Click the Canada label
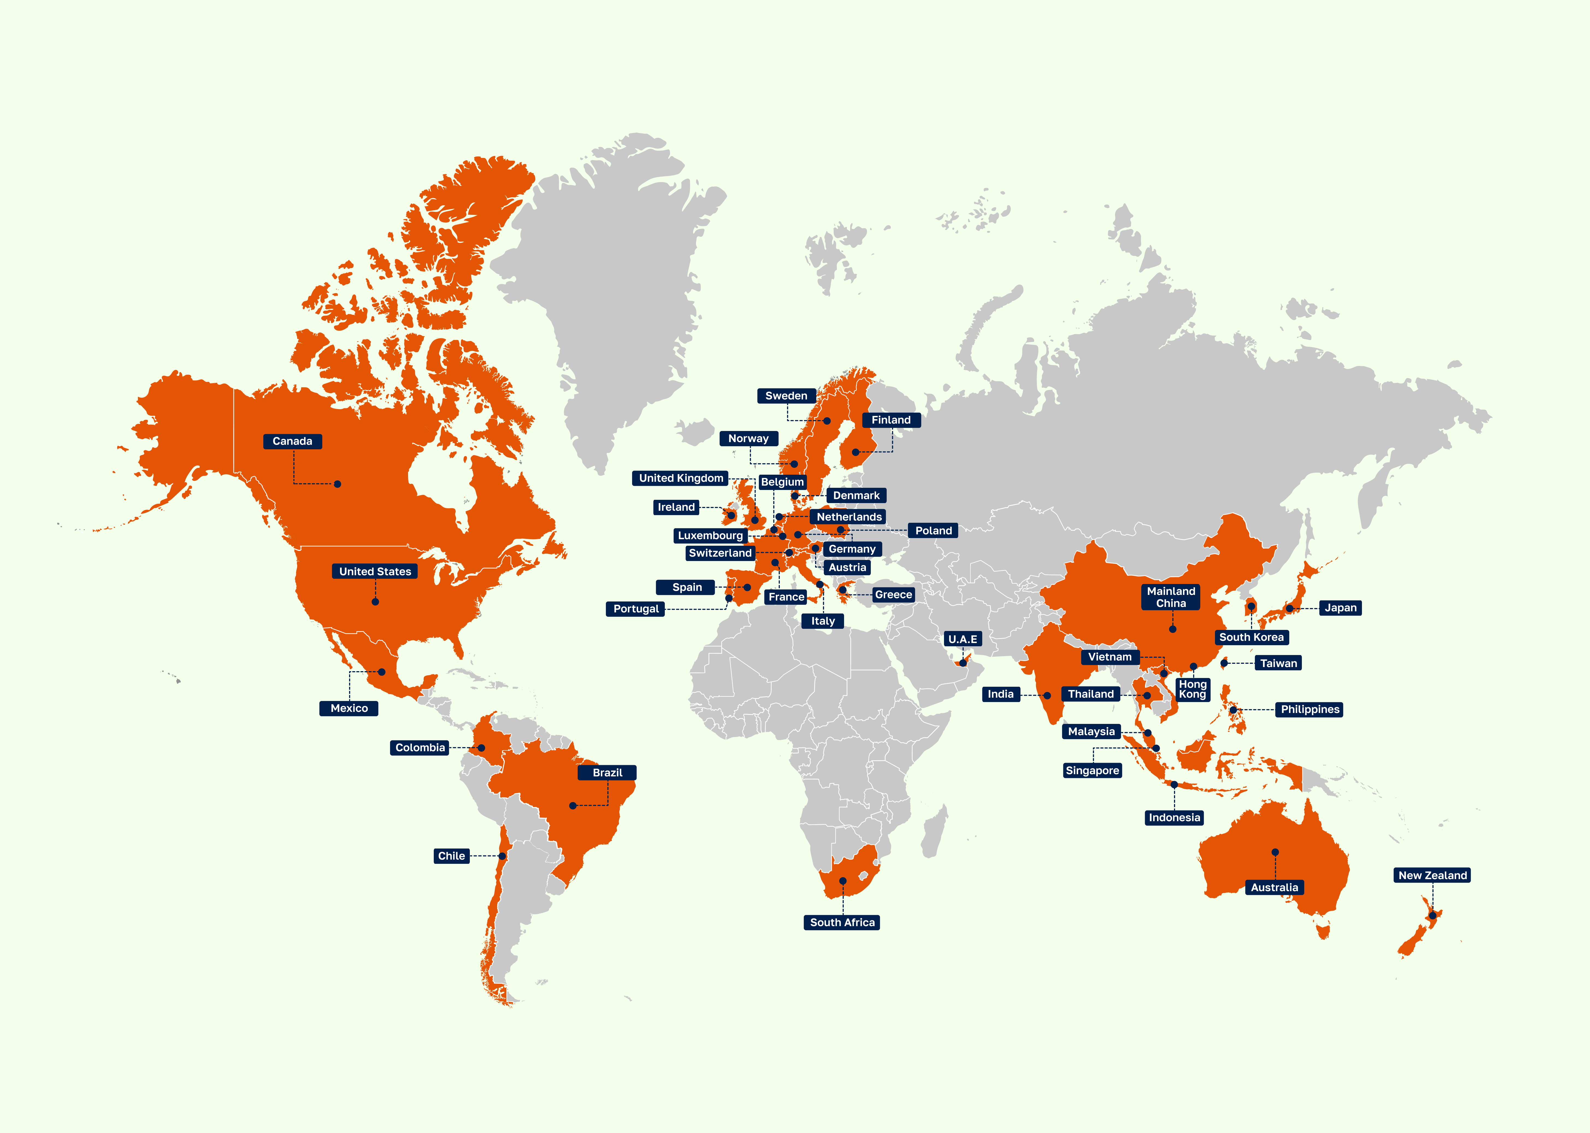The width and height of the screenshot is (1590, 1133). (x=292, y=441)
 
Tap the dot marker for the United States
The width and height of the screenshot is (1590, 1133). (x=375, y=601)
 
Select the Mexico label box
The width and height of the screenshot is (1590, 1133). (x=349, y=708)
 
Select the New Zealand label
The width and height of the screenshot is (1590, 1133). (x=1432, y=875)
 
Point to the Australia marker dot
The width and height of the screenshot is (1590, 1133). (x=1275, y=852)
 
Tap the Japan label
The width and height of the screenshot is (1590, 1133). (x=1340, y=608)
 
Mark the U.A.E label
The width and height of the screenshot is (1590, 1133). (x=962, y=639)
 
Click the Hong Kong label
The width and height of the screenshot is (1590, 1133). (x=1193, y=689)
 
